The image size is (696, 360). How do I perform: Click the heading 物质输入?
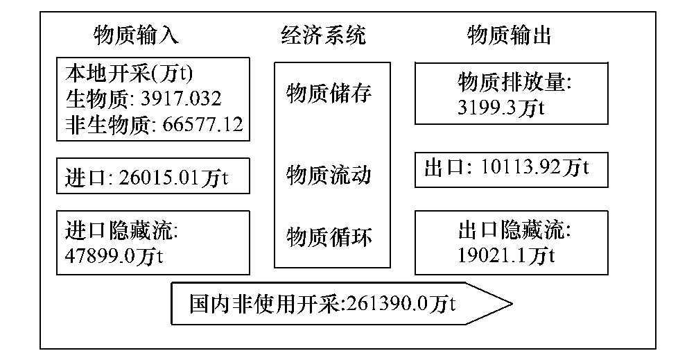click(x=136, y=35)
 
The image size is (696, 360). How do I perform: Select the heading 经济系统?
click(x=324, y=35)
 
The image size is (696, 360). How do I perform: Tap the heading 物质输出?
click(x=510, y=35)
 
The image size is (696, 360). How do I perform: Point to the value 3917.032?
click(x=181, y=98)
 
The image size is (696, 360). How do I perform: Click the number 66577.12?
click(x=203, y=124)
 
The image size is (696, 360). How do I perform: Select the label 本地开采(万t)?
click(x=129, y=74)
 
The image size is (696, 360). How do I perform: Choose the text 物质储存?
click(x=329, y=94)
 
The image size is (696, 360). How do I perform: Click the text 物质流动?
click(x=329, y=175)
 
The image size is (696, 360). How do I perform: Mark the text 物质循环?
click(x=329, y=237)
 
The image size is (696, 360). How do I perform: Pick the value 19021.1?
click(x=493, y=256)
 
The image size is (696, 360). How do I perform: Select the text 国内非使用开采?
click(x=264, y=304)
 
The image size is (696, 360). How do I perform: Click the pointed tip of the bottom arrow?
click(x=512, y=304)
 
